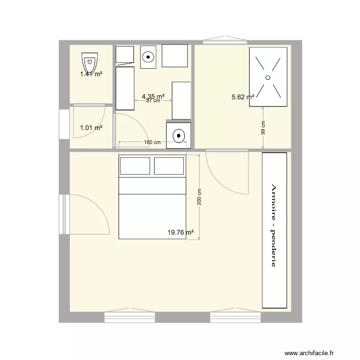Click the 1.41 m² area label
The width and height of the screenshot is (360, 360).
pyautogui.click(x=91, y=74)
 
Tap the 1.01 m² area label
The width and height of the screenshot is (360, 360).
pyautogui.click(x=91, y=128)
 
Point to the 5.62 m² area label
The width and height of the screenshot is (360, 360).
pyautogui.click(x=243, y=97)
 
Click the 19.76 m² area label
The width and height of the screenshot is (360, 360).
pyautogui.click(x=180, y=232)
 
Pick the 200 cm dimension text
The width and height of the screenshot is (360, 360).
pyautogui.click(x=199, y=197)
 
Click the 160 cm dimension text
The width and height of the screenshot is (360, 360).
pyautogui.click(x=152, y=143)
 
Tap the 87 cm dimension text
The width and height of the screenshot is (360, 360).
pyautogui.click(x=153, y=101)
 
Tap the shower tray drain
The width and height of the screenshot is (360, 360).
pyautogui.click(x=267, y=77)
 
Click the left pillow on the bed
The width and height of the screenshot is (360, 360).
pyautogui.click(x=135, y=166)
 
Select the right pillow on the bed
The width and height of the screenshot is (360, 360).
pyautogui.click(x=169, y=166)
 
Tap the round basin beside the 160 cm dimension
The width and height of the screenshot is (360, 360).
pyautogui.click(x=179, y=136)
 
